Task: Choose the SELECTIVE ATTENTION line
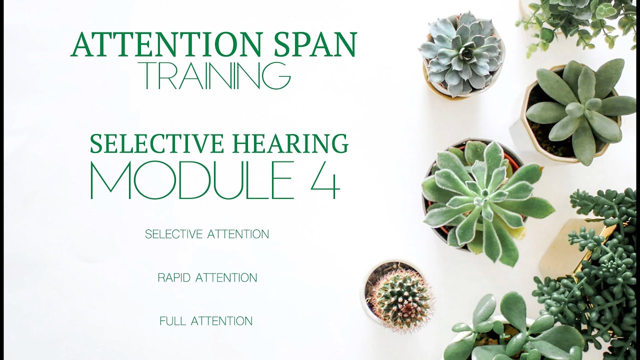(207, 234)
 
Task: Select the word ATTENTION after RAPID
(226, 277)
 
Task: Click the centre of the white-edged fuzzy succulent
(483, 200)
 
